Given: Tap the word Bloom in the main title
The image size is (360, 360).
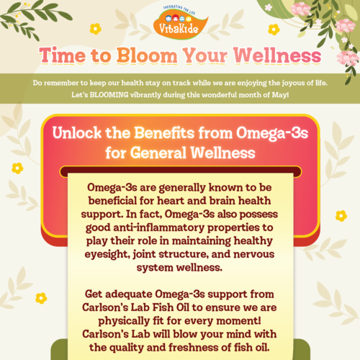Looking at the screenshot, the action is (147, 55).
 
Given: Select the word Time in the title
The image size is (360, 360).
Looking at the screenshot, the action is (63, 55).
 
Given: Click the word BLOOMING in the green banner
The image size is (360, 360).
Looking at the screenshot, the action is (109, 95).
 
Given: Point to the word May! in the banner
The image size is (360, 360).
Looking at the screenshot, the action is (280, 95).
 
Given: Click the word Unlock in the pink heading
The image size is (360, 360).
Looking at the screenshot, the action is (77, 132).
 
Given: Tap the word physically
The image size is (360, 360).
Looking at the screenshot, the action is (124, 321).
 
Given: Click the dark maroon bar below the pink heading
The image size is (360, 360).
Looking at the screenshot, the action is (181, 171).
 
